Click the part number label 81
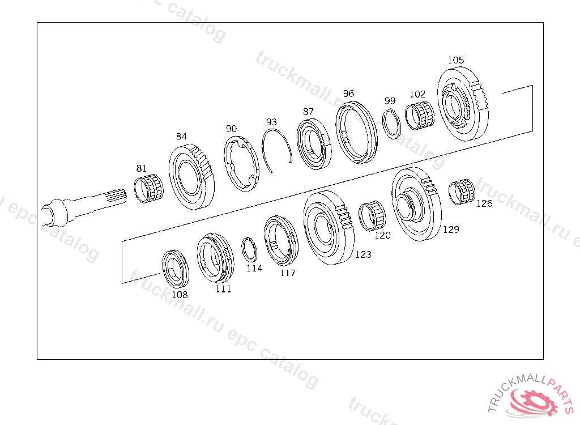tap(141, 168)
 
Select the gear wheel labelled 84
tap(191, 177)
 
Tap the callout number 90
tap(231, 129)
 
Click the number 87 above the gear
tap(308, 112)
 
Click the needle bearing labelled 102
tap(419, 115)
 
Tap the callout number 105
tap(456, 60)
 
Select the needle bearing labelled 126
tap(461, 192)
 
